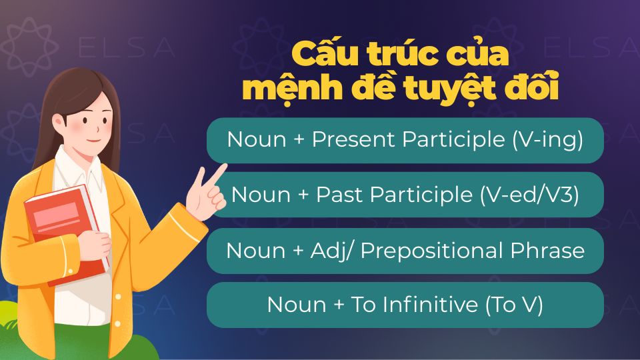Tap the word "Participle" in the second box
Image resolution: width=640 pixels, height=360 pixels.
(420, 195)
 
